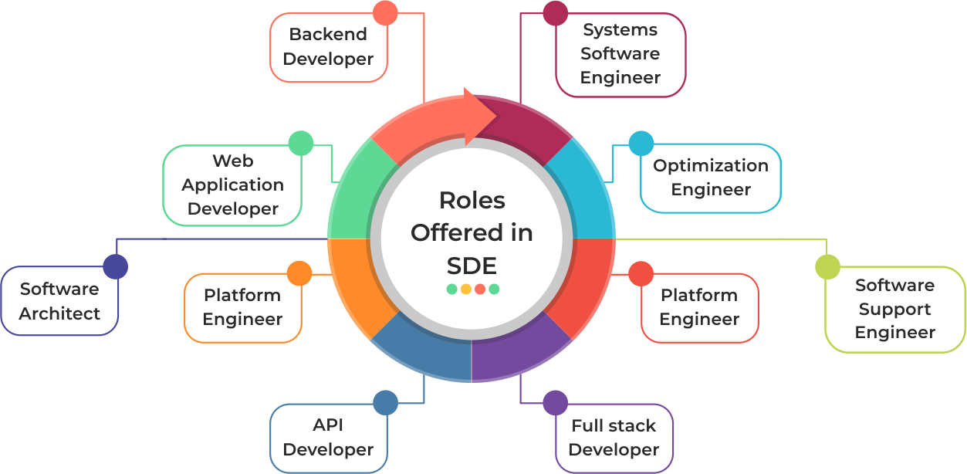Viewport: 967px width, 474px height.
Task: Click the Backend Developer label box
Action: pyautogui.click(x=328, y=47)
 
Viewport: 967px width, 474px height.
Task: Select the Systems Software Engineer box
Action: pyautogui.click(x=620, y=54)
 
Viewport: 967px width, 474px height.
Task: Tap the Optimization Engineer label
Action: pyautogui.click(x=711, y=178)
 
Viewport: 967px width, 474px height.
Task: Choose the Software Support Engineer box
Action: pyautogui.click(x=895, y=309)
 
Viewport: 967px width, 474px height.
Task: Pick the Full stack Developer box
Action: pyautogui.click(x=614, y=438)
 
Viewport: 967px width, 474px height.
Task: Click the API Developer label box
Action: pyautogui.click(x=328, y=438)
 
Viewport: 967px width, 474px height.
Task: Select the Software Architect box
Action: pyautogui.click(x=59, y=301)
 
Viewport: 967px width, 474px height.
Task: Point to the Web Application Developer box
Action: pyautogui.click(x=232, y=185)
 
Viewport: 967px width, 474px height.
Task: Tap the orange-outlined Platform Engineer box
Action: pyautogui.click(x=242, y=307)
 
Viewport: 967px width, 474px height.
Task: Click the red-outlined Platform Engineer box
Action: pyautogui.click(x=699, y=307)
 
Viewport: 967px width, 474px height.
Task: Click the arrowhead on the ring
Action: pyautogui.click(x=482, y=117)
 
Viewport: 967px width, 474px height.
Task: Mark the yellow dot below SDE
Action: pyautogui.click(x=465, y=289)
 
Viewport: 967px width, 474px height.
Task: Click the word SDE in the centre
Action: pyautogui.click(x=472, y=265)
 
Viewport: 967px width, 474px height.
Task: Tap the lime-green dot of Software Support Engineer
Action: pyautogui.click(x=827, y=266)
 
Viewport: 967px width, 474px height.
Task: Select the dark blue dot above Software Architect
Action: pyautogui.click(x=115, y=266)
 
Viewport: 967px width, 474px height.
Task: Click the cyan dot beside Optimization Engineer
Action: pyautogui.click(x=641, y=143)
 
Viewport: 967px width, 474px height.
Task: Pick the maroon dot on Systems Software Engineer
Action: pyautogui.click(x=555, y=13)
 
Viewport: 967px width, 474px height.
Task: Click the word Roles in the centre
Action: pyautogui.click(x=472, y=200)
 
